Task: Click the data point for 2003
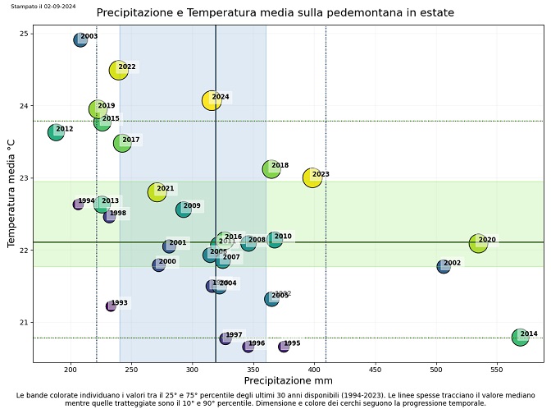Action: (x=80, y=39)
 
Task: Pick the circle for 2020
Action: (x=478, y=243)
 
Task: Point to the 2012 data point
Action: (x=56, y=131)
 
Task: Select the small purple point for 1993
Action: (x=111, y=306)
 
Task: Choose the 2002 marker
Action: (x=444, y=266)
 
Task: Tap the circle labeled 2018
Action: (x=271, y=168)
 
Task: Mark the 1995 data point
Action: (x=284, y=347)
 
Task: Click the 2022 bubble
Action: (x=119, y=70)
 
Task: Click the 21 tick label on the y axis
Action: (x=25, y=322)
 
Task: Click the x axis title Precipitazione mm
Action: (x=289, y=381)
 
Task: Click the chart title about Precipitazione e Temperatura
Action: (x=275, y=13)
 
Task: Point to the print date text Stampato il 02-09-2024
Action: (x=43, y=6)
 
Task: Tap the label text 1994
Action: (x=86, y=201)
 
